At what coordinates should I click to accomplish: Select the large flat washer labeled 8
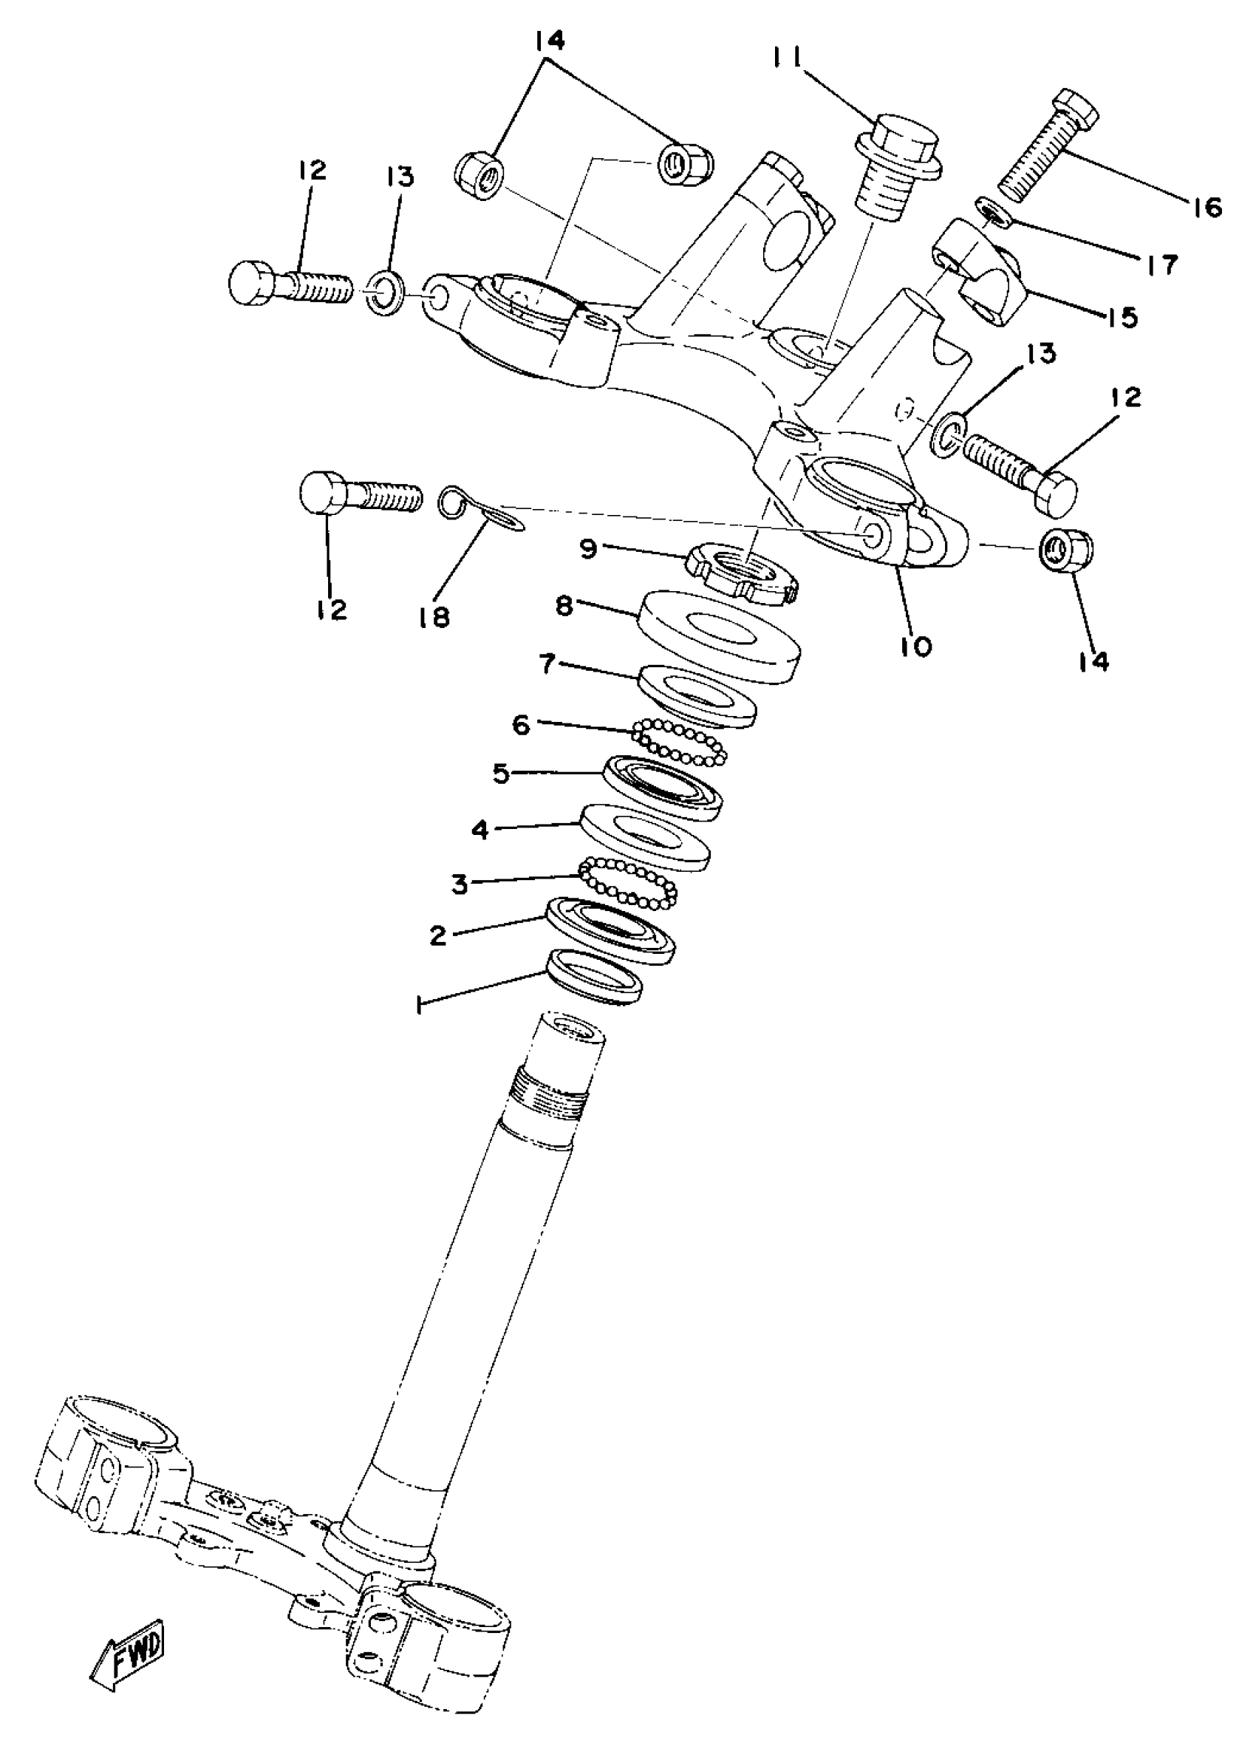pyautogui.click(x=720, y=635)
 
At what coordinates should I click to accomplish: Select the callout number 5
pyautogui.click(x=501, y=773)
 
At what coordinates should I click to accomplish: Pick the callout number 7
pyautogui.click(x=547, y=664)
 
